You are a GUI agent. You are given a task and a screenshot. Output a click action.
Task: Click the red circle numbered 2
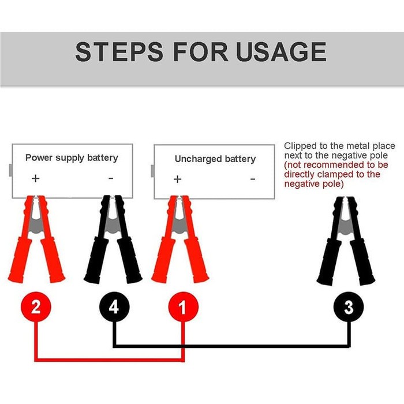click(x=36, y=307)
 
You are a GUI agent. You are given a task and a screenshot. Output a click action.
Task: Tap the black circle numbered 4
click(x=114, y=307)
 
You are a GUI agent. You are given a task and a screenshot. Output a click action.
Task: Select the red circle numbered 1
click(x=183, y=307)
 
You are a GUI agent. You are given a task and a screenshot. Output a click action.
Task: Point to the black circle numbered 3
click(x=349, y=307)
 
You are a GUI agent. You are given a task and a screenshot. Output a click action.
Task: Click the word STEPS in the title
click(x=119, y=52)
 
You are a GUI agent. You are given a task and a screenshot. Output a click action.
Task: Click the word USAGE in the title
click(x=281, y=52)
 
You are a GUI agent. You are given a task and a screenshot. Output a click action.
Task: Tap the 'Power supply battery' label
click(x=72, y=158)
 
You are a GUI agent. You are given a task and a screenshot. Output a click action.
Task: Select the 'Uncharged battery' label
click(x=215, y=159)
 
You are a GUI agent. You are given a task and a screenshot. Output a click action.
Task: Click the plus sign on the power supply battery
click(x=36, y=178)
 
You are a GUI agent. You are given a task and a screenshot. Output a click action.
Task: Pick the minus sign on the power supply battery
click(x=111, y=178)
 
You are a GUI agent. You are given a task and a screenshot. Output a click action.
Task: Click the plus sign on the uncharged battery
click(x=177, y=179)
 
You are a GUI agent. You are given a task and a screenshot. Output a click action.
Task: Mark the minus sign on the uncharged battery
click(x=253, y=179)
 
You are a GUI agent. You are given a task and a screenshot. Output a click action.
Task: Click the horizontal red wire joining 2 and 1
click(x=110, y=360)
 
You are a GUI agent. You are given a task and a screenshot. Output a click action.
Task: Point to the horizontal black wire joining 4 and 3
click(x=231, y=346)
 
